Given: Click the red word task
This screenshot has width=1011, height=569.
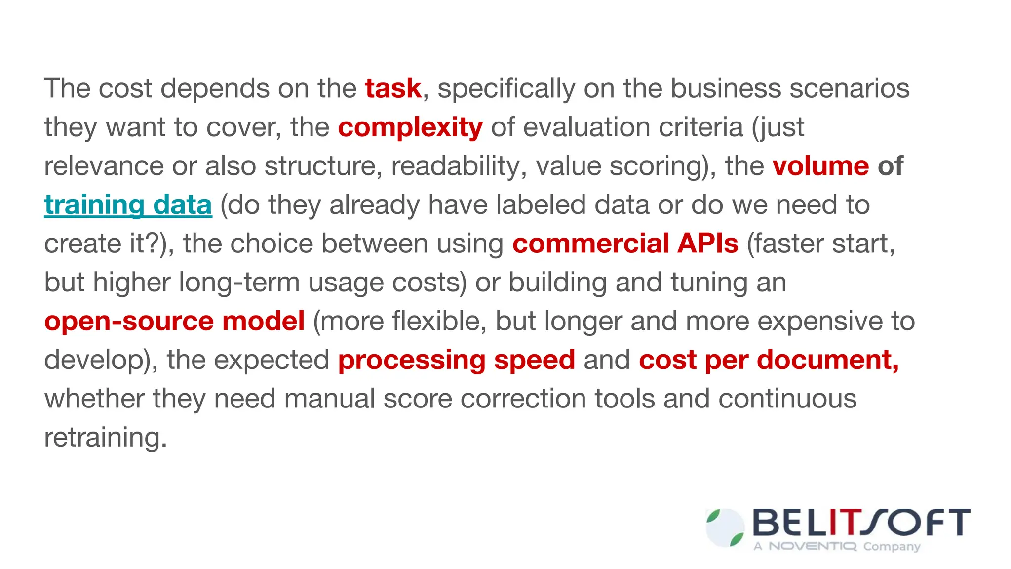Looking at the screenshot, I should click(x=393, y=89).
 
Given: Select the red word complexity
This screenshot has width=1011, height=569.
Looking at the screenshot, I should click(x=410, y=128).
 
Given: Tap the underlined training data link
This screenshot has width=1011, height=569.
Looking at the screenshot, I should click(x=128, y=205).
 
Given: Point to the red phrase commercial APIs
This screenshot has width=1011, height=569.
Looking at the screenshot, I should click(x=625, y=244).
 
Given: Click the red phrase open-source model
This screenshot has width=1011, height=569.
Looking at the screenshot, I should click(x=174, y=321).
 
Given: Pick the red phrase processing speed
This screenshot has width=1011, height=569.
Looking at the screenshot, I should click(x=456, y=360).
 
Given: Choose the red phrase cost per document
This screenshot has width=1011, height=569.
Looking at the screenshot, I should click(x=768, y=360).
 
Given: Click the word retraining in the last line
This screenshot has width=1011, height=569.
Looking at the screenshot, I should click(x=105, y=437).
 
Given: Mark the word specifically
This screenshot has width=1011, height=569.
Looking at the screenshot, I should click(x=506, y=89).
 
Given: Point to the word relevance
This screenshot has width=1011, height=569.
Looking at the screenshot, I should click(x=104, y=166).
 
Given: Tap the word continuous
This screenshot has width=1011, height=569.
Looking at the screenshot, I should click(x=787, y=399).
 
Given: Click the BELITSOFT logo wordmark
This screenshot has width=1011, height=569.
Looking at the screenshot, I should click(x=860, y=523).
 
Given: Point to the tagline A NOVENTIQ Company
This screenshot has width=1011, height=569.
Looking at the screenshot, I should click(x=837, y=546).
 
